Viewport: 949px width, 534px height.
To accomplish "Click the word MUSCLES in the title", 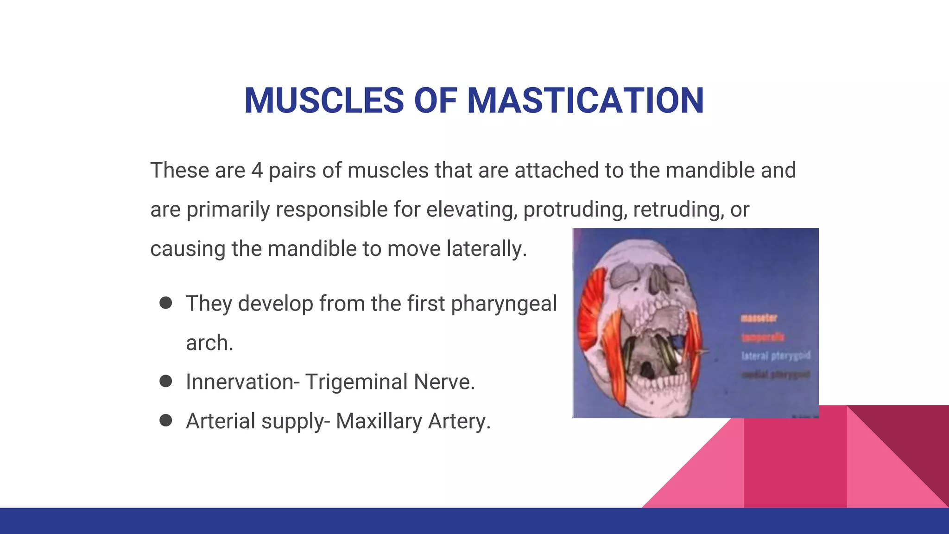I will pyautogui.click(x=324, y=101).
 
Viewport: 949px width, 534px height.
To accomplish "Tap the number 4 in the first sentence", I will pyautogui.click(x=257, y=170).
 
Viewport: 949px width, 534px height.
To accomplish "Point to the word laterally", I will pyautogui.click(x=487, y=248).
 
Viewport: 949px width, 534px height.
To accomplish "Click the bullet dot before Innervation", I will pyautogui.click(x=165, y=381).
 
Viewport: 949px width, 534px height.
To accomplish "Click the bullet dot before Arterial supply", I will pyautogui.click(x=165, y=420).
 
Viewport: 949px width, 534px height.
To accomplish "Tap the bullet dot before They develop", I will pyautogui.click(x=165, y=303).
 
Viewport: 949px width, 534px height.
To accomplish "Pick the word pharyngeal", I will pyautogui.click(x=504, y=304).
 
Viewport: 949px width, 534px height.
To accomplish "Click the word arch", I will pyautogui.click(x=209, y=343).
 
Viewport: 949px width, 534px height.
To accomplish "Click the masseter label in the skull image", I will pyautogui.click(x=759, y=318).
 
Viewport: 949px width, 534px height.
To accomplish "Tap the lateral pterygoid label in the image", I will pyautogui.click(x=776, y=356).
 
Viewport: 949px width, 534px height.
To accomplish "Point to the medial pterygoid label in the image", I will pyautogui.click(x=776, y=374).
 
